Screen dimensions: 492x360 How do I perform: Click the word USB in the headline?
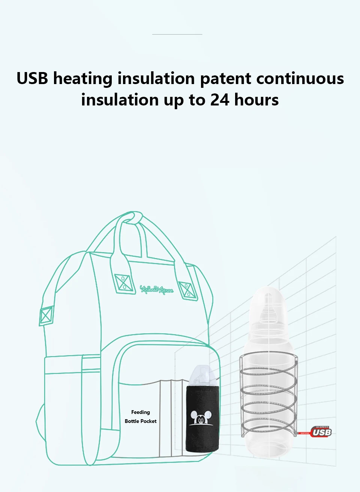pyautogui.click(x=32, y=78)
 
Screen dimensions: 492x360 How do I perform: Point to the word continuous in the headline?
pyautogui.click(x=300, y=78)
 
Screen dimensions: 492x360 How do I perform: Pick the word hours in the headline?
pyautogui.click(x=256, y=100)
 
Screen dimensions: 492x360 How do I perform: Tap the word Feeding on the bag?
pyautogui.click(x=141, y=412)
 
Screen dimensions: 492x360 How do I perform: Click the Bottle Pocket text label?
pyautogui.click(x=141, y=421)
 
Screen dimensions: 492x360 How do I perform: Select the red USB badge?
pyautogui.click(x=321, y=432)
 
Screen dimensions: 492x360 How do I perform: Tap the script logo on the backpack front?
pyautogui.click(x=157, y=289)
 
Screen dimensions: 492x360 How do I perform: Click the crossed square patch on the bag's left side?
pyautogui.click(x=46, y=315)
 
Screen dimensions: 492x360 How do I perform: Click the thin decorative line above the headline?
pyautogui.click(x=177, y=34)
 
